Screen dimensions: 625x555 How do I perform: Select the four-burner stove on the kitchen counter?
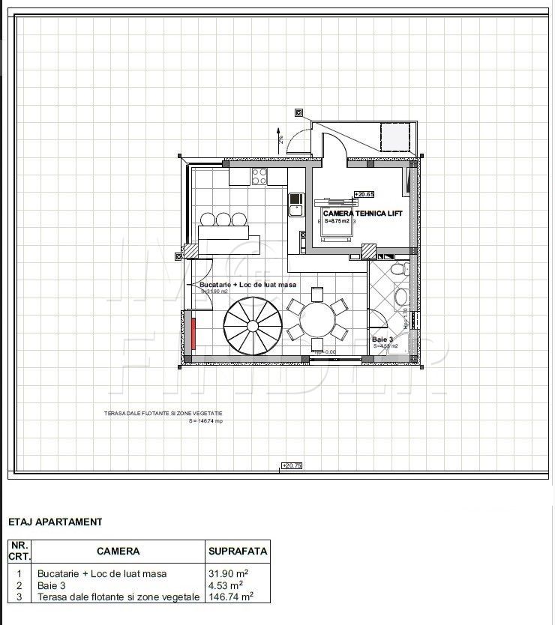(x=259, y=177)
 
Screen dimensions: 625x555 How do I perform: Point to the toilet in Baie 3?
(x=398, y=268)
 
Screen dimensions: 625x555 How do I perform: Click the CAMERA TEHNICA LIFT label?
(x=362, y=214)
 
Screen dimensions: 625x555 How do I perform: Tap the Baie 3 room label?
(x=382, y=339)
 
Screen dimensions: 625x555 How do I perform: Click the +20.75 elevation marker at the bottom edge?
(x=291, y=465)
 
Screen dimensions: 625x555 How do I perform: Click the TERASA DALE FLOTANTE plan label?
(x=163, y=414)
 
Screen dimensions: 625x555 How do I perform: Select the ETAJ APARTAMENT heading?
(x=55, y=522)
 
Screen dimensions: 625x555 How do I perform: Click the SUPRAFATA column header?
(x=237, y=551)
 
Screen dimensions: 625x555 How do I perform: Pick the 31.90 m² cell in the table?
(x=228, y=573)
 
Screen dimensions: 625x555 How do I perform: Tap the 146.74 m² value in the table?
(x=230, y=597)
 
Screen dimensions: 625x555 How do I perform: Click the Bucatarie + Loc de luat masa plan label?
(x=247, y=285)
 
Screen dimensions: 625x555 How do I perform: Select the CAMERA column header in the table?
(x=118, y=551)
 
